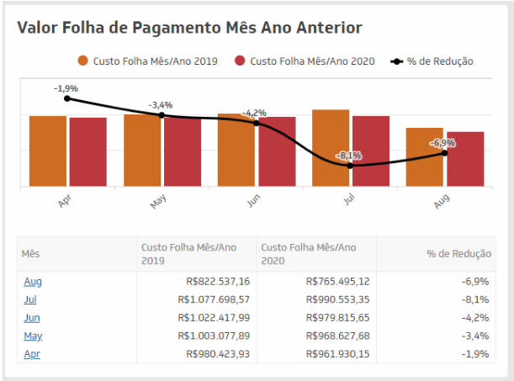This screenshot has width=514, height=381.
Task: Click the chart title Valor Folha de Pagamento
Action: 189,28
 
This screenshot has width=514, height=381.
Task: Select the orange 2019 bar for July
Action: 331,147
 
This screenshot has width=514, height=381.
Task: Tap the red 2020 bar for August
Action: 465,159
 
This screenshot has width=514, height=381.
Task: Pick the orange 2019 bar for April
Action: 48,151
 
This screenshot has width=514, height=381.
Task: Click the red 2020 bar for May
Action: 183,151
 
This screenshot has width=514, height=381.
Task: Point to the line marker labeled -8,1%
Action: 350,166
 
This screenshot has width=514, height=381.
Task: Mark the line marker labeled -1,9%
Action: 67,98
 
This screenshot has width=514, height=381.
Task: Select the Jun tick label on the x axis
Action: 252,202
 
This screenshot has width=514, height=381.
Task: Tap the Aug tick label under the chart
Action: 441,202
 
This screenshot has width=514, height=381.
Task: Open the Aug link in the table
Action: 32,281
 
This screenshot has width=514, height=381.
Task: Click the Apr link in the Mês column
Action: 31,353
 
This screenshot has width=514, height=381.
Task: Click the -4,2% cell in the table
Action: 475,317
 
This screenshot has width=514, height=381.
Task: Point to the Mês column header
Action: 30,253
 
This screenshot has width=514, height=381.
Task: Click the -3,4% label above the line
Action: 161,105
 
